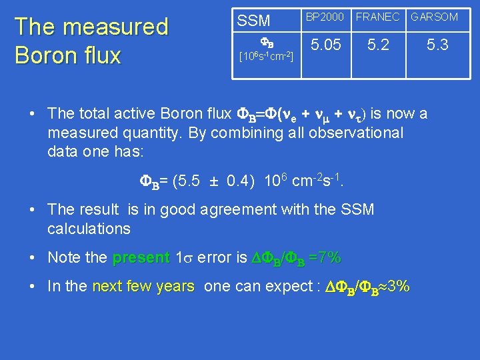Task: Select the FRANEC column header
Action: pos(377,17)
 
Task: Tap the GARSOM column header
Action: pos(434,17)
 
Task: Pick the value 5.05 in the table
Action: pos(326,45)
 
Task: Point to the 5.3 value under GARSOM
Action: pos(437,45)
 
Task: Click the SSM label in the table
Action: pos(254,21)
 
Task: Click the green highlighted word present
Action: pos(141,257)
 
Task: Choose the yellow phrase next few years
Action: pos(143,287)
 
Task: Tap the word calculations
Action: pos(89,229)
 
